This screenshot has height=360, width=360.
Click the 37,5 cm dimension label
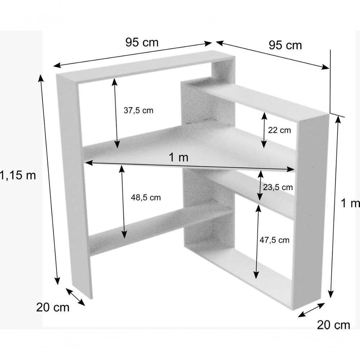tap(138, 111)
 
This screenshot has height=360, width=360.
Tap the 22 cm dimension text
tap(279, 130)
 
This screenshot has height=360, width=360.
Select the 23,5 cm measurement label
tap(278, 187)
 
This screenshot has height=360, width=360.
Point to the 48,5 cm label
tap(146, 197)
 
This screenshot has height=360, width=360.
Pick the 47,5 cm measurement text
tap(274, 240)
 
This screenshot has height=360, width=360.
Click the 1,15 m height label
tap(18, 175)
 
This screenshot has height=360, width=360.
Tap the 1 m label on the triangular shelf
tap(179, 157)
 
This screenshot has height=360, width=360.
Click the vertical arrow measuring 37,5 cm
tap(116, 113)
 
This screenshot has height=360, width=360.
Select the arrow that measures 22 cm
tap(264, 130)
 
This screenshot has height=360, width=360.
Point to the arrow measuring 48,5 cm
tap(123, 202)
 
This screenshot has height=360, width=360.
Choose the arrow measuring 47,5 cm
tap(257, 242)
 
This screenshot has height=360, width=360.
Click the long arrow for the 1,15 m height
tap(49, 180)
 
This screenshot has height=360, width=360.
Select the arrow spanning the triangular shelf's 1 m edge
tap(190, 166)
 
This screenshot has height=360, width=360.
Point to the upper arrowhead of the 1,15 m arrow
tap(41, 78)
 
